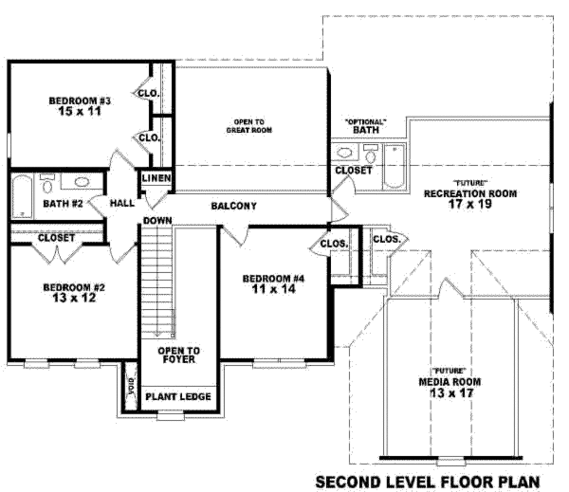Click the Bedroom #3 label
(x=80, y=101)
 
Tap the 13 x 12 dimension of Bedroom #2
(x=74, y=298)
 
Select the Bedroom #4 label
(x=273, y=278)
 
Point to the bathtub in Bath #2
(x=22, y=196)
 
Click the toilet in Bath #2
(x=47, y=184)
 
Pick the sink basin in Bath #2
(x=82, y=182)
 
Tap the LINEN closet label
(x=156, y=178)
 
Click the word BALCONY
(x=234, y=206)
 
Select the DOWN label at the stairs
(x=157, y=220)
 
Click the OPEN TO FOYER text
(x=178, y=355)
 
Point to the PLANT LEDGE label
(x=178, y=396)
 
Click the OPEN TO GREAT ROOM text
(x=249, y=126)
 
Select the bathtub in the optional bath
(x=394, y=166)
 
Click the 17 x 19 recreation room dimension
(x=470, y=204)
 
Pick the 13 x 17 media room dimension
(x=451, y=393)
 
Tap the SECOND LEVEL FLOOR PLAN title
(x=427, y=482)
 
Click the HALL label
(x=122, y=203)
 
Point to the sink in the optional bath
(x=345, y=152)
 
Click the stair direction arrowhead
(x=157, y=334)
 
